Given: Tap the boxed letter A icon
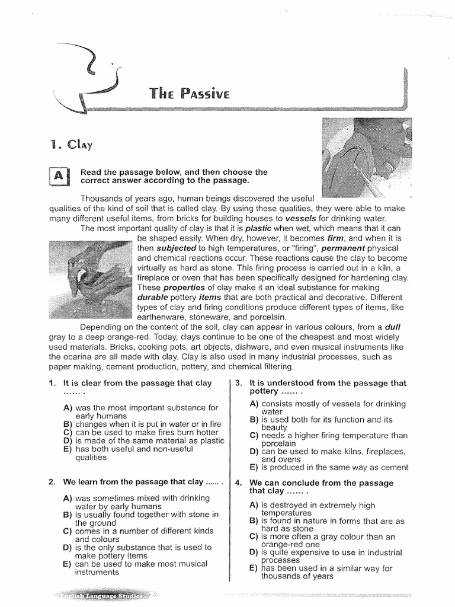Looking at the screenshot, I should pos(60,176).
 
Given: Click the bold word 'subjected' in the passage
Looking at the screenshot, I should pos(175,248).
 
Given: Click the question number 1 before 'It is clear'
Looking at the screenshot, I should pos(52,383).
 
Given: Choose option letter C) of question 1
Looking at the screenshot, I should pos(67,432).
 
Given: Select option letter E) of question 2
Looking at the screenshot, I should pos(67,564).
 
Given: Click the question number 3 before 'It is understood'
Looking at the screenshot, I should pos(239,383).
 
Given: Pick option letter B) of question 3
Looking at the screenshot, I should pos(254,420).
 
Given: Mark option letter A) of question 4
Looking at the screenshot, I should pos(254,504).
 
